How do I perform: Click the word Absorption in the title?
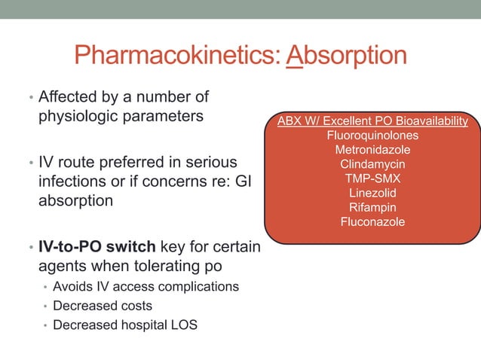[x=348, y=56]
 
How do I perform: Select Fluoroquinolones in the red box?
[x=372, y=136]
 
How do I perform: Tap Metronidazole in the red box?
[x=372, y=150]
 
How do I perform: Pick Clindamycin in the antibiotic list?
[x=372, y=164]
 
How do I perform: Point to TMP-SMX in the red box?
[x=372, y=178]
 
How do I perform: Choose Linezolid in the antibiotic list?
[x=372, y=193]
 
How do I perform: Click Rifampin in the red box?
[x=372, y=207]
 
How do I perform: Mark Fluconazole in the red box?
[x=372, y=221]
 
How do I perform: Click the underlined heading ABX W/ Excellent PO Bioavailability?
[x=372, y=121]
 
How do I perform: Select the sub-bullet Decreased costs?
[x=103, y=306]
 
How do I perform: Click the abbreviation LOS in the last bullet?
[x=190, y=325]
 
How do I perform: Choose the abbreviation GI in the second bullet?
[x=244, y=182]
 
